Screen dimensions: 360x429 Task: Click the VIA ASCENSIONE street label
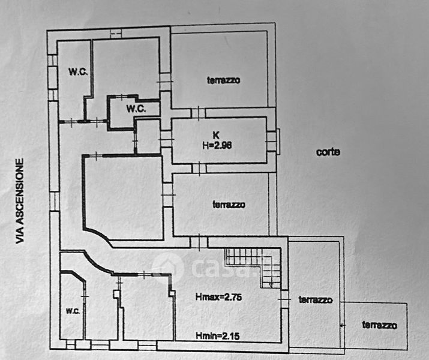[x=20, y=200]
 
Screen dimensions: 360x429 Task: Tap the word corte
[x=328, y=152]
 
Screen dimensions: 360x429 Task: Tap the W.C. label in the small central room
[x=136, y=109]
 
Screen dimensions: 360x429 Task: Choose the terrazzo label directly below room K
[x=229, y=205]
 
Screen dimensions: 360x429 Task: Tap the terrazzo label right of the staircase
[x=316, y=299]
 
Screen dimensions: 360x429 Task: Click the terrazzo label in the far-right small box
[x=379, y=325]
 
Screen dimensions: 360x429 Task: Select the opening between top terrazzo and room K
[x=199, y=113]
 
